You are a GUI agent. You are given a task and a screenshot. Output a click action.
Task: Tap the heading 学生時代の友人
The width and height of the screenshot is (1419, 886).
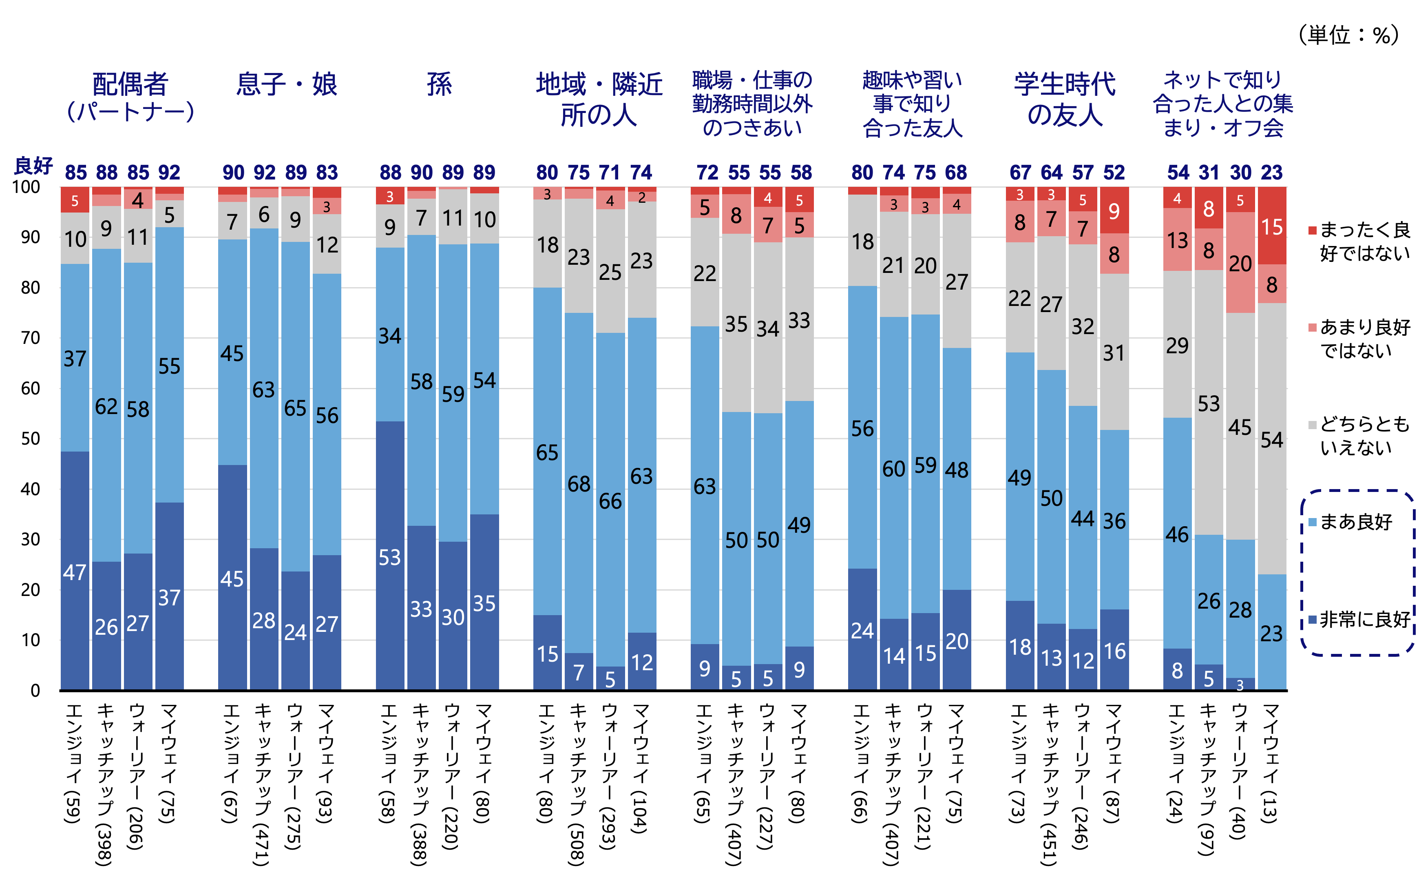(1065, 99)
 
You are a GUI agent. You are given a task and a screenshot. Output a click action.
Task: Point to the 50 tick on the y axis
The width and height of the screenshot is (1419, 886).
(30, 439)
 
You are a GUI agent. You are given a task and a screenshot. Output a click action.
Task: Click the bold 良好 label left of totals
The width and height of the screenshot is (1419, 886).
(33, 166)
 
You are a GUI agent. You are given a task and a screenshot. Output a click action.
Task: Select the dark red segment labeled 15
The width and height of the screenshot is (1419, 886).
(1271, 226)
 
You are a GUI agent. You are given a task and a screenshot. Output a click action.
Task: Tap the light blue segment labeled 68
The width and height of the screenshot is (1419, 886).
(579, 483)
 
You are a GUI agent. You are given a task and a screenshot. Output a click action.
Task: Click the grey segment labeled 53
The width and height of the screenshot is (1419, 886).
(1209, 403)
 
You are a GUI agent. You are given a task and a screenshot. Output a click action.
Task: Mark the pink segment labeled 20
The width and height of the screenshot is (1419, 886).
(1240, 263)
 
